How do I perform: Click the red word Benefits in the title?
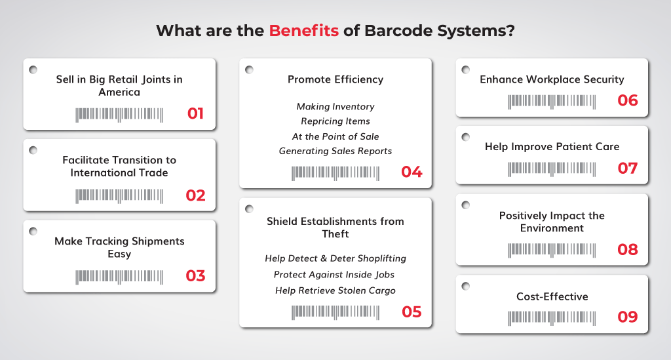click(303, 31)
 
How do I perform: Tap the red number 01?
click(195, 113)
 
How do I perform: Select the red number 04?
click(412, 172)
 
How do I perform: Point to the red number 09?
click(627, 317)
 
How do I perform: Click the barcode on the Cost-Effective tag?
click(552, 318)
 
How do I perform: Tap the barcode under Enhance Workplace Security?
click(552, 102)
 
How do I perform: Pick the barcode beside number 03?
click(119, 277)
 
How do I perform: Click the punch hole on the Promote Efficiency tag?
click(249, 70)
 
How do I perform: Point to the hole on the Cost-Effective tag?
click(466, 286)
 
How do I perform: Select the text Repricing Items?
click(335, 121)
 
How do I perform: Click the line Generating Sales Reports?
click(335, 151)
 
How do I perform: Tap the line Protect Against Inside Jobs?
click(334, 274)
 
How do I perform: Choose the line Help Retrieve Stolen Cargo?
click(335, 290)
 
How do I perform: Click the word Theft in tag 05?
click(335, 234)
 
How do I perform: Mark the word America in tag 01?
click(119, 92)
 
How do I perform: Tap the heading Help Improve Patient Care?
click(552, 147)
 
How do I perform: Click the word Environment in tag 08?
click(552, 228)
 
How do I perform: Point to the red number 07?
click(627, 169)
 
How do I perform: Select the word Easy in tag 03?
click(119, 254)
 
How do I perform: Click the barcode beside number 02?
click(119, 195)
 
